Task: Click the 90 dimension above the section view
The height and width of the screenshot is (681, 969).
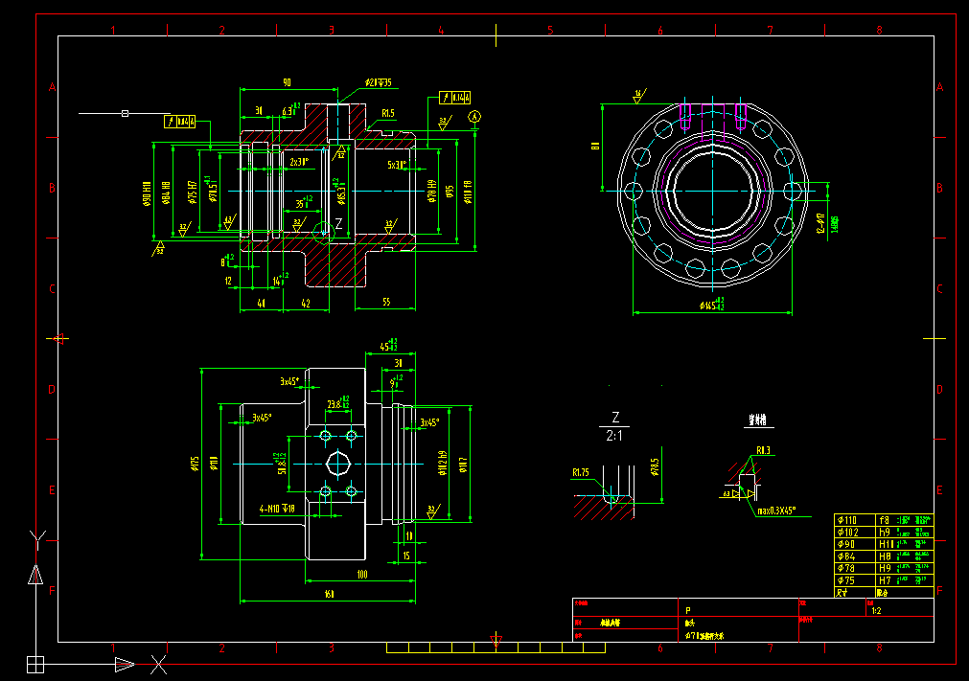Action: (x=287, y=82)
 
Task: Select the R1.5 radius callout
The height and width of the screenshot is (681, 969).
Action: (x=387, y=113)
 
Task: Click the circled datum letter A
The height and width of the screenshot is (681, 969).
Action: (x=473, y=116)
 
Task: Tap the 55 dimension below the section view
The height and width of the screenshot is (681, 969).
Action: (x=386, y=303)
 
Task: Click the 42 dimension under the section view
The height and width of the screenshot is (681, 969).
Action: (x=306, y=303)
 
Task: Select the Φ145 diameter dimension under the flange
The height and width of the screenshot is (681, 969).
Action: (x=711, y=306)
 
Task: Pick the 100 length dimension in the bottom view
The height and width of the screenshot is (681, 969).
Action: (x=361, y=574)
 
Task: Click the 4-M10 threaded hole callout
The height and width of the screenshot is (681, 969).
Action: (x=278, y=509)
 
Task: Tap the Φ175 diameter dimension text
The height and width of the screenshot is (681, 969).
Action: (x=196, y=464)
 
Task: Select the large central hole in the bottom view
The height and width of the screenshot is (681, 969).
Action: (x=338, y=465)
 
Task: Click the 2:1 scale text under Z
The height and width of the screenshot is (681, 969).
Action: (x=615, y=436)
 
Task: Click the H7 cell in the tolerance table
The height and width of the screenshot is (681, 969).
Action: (x=887, y=580)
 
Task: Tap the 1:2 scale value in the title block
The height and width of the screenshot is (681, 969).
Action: (x=875, y=610)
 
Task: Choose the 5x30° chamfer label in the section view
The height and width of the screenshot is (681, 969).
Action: (x=396, y=164)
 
